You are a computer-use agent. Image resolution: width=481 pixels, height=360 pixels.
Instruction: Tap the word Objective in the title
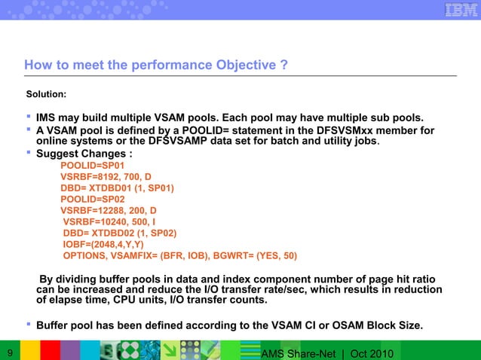coord(240,66)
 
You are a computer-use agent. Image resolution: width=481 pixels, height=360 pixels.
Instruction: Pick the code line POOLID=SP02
coord(93,200)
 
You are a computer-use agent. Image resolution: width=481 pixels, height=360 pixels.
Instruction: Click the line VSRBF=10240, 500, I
coord(110,223)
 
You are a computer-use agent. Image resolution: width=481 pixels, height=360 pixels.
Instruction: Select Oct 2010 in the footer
coord(372,352)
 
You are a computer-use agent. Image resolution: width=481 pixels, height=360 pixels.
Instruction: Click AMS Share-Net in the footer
coord(294,352)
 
